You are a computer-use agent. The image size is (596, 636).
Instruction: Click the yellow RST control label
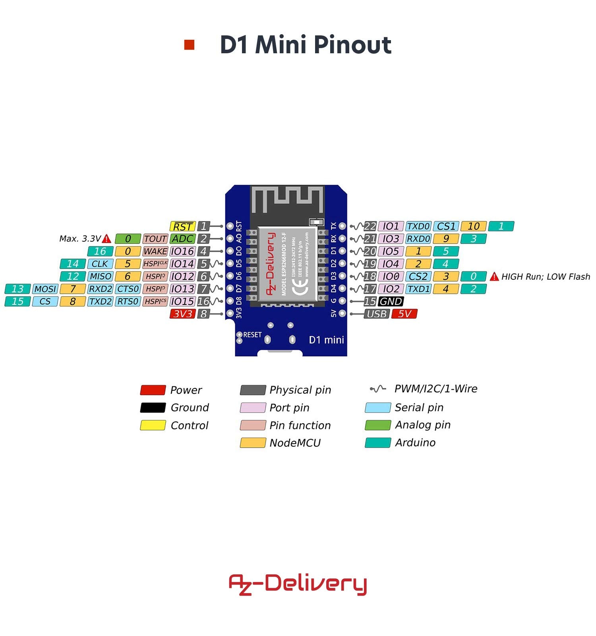(x=182, y=227)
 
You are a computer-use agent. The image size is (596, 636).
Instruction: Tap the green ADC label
(x=182, y=239)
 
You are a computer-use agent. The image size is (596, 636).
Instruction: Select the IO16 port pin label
(x=182, y=251)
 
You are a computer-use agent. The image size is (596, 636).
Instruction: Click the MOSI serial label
(x=45, y=289)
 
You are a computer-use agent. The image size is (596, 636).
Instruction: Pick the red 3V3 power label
(x=182, y=314)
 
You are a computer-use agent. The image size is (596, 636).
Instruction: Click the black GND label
(x=391, y=301)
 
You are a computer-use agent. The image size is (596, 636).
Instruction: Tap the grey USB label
(x=376, y=314)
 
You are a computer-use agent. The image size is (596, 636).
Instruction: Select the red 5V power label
(x=404, y=314)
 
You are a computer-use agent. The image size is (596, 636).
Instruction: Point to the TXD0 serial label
(x=418, y=227)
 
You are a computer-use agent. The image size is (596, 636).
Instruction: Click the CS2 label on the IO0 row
(x=418, y=276)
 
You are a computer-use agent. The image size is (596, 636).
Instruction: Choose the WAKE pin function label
(x=155, y=251)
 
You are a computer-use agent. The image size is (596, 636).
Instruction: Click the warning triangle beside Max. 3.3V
(x=106, y=239)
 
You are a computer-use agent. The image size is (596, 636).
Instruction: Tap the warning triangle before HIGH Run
(x=494, y=277)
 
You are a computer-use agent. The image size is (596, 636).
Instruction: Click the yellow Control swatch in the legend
(x=153, y=425)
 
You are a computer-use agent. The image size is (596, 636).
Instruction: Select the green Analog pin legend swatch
(x=378, y=425)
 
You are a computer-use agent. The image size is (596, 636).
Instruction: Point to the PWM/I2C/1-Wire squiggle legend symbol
(x=378, y=389)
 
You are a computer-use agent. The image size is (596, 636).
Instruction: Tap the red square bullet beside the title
(x=189, y=45)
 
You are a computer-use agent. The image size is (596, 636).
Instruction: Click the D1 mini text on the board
(x=326, y=340)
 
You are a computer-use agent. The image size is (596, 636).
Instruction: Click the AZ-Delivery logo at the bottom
(x=298, y=584)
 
